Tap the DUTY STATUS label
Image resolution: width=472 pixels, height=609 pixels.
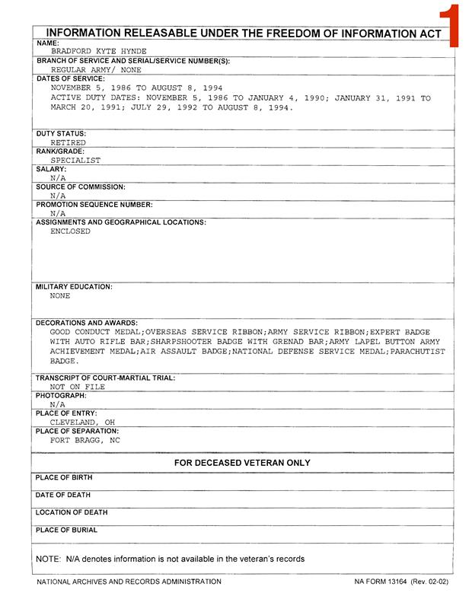(x=61, y=133)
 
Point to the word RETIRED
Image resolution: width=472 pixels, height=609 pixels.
(x=68, y=142)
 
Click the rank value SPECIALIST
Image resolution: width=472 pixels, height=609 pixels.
(x=75, y=161)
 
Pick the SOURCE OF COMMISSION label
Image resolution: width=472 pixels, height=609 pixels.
(x=81, y=187)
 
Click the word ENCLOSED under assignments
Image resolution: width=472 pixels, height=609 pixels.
(x=70, y=231)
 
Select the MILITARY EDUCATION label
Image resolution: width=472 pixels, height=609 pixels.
(x=74, y=287)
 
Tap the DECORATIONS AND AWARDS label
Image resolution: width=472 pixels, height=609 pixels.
(x=87, y=323)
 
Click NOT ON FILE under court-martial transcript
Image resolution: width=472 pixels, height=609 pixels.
(x=78, y=387)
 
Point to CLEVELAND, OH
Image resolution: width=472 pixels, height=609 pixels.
(x=82, y=422)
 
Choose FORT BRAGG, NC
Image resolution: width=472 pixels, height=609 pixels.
(x=85, y=440)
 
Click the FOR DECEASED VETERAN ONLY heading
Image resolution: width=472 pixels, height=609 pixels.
(x=242, y=463)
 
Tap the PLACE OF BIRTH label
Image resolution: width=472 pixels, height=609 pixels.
(x=64, y=477)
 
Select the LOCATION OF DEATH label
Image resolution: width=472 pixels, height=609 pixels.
(x=72, y=512)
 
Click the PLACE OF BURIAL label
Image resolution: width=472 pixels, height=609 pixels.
(x=66, y=530)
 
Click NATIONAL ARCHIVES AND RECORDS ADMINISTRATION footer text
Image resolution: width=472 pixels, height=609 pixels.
(x=129, y=582)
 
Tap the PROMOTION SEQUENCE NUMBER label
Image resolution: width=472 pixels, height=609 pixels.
(x=94, y=205)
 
